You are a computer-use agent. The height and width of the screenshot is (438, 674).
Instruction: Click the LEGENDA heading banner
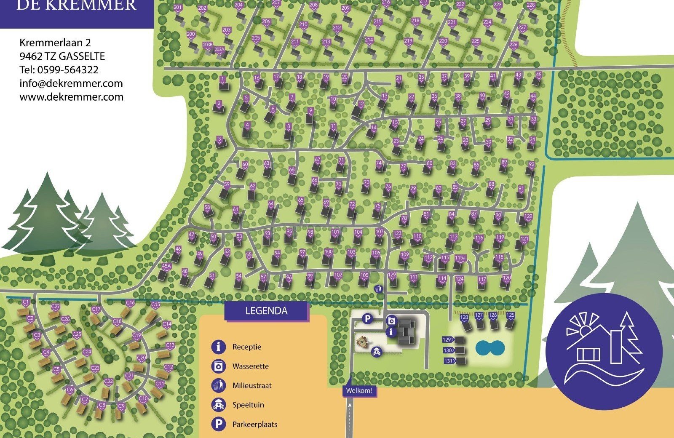coord(266,311)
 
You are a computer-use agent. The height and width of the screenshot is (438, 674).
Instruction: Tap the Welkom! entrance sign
coord(359,391)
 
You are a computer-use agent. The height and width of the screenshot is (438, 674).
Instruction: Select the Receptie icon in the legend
coord(218,347)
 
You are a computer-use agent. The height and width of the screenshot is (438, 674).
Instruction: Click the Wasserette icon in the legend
coord(218,366)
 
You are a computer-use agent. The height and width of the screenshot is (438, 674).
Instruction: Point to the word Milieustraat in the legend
coord(252,385)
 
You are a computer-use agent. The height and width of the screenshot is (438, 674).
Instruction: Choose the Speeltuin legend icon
coord(218,405)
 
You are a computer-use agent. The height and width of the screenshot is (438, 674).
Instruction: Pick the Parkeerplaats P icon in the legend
coord(218,424)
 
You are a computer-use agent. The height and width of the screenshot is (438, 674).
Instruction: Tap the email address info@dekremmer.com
coord(71,83)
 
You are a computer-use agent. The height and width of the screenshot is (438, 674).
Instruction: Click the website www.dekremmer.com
coord(72,97)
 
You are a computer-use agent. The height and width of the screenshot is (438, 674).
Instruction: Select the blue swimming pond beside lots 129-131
coord(490,348)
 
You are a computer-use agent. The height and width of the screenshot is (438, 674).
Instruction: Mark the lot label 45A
coord(166,266)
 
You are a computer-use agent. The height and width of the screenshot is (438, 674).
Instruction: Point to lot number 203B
coord(207,45)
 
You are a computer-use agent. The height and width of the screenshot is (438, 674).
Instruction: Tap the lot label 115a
coord(460,258)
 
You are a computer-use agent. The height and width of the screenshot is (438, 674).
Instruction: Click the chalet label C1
coord(26,302)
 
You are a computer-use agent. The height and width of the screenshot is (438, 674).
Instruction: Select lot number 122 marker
coord(528,217)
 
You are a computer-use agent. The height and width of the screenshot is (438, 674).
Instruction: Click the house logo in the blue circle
coord(604,352)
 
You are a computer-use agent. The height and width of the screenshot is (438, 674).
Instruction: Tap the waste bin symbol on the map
coord(379,289)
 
